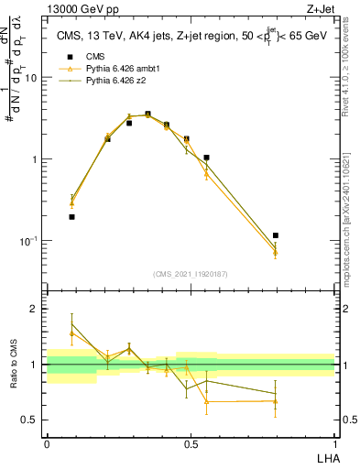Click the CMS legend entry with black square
coord(82,57)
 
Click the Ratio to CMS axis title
coord(14,365)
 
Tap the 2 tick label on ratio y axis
coord(38,309)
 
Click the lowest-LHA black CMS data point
coord(71,217)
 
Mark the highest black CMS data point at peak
coord(147,115)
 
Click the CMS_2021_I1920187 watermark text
coord(190,273)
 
